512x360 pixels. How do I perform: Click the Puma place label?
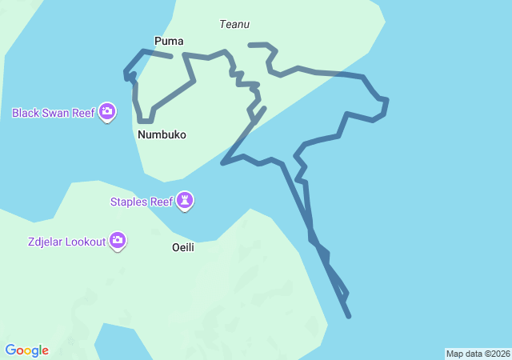pyautogui.click(x=168, y=40)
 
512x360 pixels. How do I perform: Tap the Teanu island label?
pyautogui.click(x=234, y=25)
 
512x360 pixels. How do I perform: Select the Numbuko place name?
pyautogui.click(x=162, y=134)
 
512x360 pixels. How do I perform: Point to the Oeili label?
pyautogui.click(x=183, y=247)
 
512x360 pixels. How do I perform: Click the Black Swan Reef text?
pyautogui.click(x=54, y=113)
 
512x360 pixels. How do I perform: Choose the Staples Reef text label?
pyautogui.click(x=141, y=202)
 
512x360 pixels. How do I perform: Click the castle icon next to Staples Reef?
pyautogui.click(x=186, y=200)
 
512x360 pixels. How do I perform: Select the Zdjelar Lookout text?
pyautogui.click(x=65, y=241)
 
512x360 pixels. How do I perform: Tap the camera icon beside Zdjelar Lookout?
pyautogui.click(x=118, y=239)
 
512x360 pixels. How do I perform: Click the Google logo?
pyautogui.click(x=27, y=350)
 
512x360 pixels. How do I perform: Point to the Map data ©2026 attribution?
pyautogui.click(x=478, y=354)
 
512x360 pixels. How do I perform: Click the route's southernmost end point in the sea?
pyautogui.click(x=349, y=317)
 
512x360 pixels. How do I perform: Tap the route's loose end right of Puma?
pyautogui.click(x=172, y=57)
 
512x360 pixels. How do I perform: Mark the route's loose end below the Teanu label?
pyautogui.click(x=250, y=45)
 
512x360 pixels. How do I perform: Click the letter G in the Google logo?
pyautogui.click(x=11, y=350)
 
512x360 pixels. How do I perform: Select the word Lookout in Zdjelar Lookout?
pyautogui.click(x=85, y=241)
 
